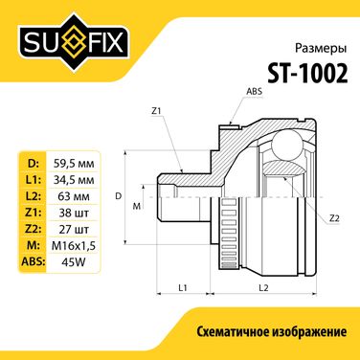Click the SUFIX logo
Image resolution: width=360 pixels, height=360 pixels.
pyautogui.click(x=75, y=43)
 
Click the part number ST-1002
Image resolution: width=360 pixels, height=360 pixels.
pyautogui.click(x=307, y=72)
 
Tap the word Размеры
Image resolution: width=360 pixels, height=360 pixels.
pyautogui.click(x=321, y=48)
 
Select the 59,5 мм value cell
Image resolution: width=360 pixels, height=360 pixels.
pyautogui.click(x=74, y=164)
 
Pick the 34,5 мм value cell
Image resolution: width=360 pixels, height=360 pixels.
pyautogui.click(x=74, y=180)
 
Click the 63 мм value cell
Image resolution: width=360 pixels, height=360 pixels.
pyautogui.click(x=74, y=196)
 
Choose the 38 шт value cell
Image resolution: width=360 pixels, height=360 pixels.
pyautogui.click(x=74, y=213)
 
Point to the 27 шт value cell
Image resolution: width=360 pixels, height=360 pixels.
pyautogui.click(x=74, y=229)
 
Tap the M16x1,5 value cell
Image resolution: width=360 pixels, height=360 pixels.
pyautogui.click(x=74, y=246)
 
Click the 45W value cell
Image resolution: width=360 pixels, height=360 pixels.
pyautogui.click(x=74, y=262)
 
